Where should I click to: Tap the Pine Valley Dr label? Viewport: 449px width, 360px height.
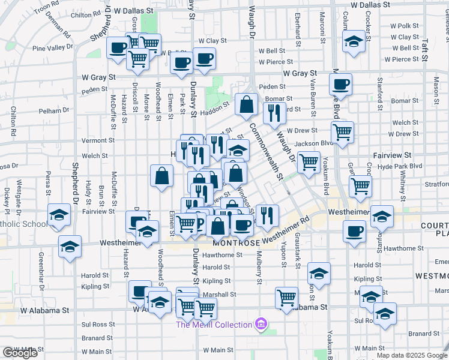coord(53,47)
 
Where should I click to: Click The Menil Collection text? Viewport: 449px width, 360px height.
coord(214,325)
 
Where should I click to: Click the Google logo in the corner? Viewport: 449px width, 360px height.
coord(20,353)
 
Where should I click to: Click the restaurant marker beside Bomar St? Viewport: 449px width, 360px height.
coord(274,111)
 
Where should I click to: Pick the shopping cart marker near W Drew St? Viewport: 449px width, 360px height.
coord(342,131)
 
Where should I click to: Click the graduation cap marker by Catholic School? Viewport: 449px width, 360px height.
coord(59,216)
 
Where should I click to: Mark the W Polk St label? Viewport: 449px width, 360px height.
coord(404,26)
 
